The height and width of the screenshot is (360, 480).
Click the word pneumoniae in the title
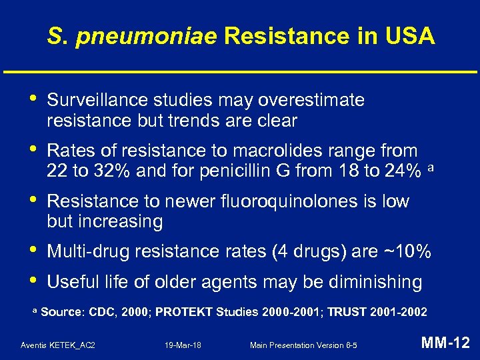[147, 36]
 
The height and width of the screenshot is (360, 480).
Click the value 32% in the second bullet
[112, 171]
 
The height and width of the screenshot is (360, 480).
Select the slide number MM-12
[446, 343]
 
